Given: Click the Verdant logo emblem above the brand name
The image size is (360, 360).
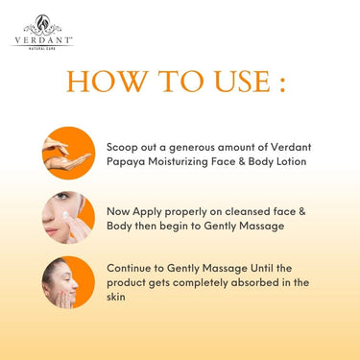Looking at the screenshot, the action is click(42, 25).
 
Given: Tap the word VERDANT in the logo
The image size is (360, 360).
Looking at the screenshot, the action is click(43, 40).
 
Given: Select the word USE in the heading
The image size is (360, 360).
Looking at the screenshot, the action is click(243, 82).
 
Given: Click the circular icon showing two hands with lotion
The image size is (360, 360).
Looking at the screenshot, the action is click(69, 153).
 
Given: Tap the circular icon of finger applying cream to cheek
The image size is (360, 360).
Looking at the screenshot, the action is click(68, 218).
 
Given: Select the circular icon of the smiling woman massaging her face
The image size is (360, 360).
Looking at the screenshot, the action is click(68, 282).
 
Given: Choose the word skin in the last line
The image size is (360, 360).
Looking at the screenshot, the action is click(116, 297).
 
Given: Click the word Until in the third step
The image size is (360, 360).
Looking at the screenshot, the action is click(261, 268).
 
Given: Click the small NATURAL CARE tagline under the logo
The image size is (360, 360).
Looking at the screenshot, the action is click(42, 49).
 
